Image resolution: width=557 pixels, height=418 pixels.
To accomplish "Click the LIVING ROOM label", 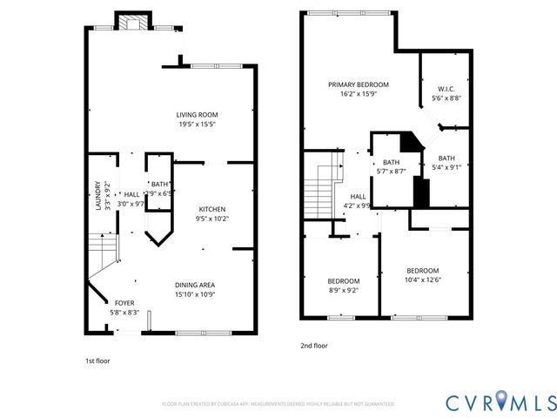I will [x=197, y=114].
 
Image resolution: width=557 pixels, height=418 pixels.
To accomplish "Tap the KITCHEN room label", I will [x=212, y=209].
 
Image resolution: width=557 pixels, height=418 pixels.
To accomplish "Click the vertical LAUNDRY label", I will [x=97, y=195].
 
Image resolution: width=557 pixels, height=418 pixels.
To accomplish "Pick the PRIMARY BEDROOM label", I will [x=358, y=84].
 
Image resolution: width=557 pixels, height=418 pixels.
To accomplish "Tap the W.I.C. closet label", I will [x=447, y=89].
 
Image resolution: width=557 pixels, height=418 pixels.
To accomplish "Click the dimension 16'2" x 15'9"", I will [x=358, y=94].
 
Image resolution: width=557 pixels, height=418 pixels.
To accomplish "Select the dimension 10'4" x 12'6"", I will [x=423, y=280].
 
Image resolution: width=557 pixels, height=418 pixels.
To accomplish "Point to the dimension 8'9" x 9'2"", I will [x=343, y=290].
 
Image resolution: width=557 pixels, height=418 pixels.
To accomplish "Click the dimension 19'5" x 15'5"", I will [x=197, y=124].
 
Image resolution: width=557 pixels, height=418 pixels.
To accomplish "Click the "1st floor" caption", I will [x=97, y=360].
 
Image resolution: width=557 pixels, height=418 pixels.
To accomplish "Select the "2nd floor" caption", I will [x=314, y=345].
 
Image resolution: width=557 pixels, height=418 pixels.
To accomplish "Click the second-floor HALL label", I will [x=358, y=197].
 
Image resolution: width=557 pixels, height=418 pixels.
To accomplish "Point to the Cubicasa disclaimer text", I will [x=278, y=404].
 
